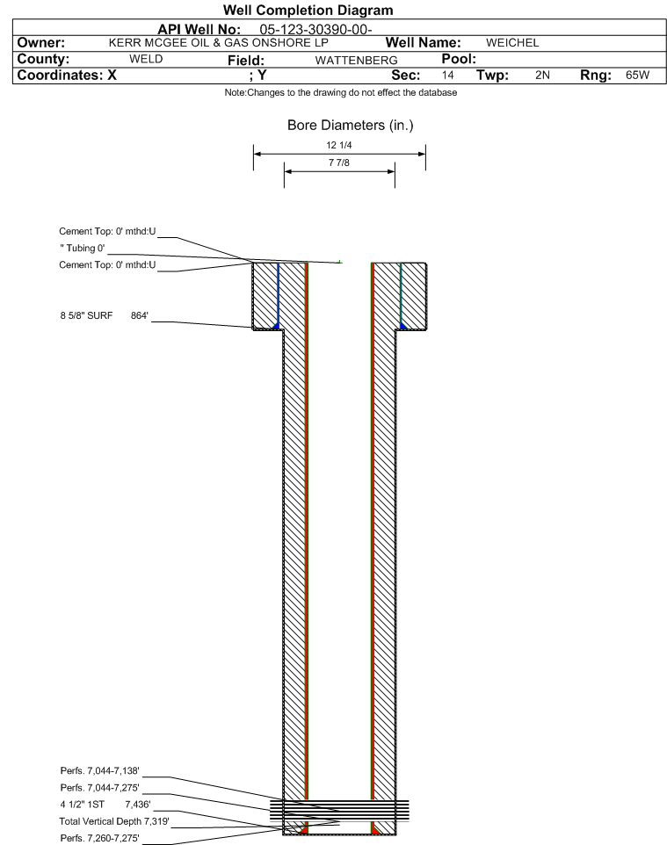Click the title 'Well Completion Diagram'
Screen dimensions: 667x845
308,11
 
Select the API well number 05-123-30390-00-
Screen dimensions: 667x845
316,29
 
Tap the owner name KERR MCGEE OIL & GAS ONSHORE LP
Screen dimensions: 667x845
219,42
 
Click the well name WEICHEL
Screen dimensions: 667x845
512,42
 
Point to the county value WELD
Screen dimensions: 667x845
146,59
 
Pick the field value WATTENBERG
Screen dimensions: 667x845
357,60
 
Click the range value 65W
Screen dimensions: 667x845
637,75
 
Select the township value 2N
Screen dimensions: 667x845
542,75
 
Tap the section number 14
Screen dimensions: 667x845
447,75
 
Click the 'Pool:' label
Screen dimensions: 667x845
459,59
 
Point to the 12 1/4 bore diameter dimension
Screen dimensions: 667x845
339,145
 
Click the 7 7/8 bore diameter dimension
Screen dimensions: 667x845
339,162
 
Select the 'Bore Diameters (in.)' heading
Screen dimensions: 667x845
350,125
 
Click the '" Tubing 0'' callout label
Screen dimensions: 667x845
83,248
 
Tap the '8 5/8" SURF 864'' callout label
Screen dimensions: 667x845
104,315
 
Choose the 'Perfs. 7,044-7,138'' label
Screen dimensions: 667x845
100,770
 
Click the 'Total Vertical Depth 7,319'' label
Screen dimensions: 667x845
114,821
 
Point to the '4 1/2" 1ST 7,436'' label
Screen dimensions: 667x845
105,805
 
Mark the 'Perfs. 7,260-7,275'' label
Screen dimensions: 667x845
100,838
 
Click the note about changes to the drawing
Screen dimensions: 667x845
341,93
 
